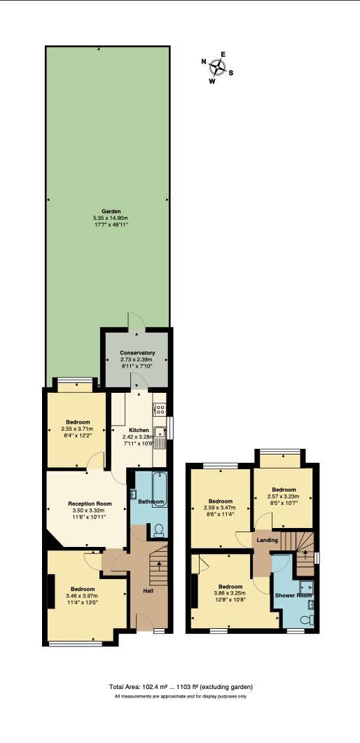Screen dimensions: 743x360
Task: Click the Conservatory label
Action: [137, 353]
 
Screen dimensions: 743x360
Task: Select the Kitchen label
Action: [139, 430]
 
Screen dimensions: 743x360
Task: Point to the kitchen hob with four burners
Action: [159, 410]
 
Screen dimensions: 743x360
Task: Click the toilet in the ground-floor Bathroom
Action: [158, 529]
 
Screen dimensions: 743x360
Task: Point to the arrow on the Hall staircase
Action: [159, 564]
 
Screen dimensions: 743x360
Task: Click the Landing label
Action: [268, 540]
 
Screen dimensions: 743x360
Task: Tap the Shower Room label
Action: [294, 595]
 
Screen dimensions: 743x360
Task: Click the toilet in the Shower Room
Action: [306, 620]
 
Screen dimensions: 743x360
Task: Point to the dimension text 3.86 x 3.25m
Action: [230, 593]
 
